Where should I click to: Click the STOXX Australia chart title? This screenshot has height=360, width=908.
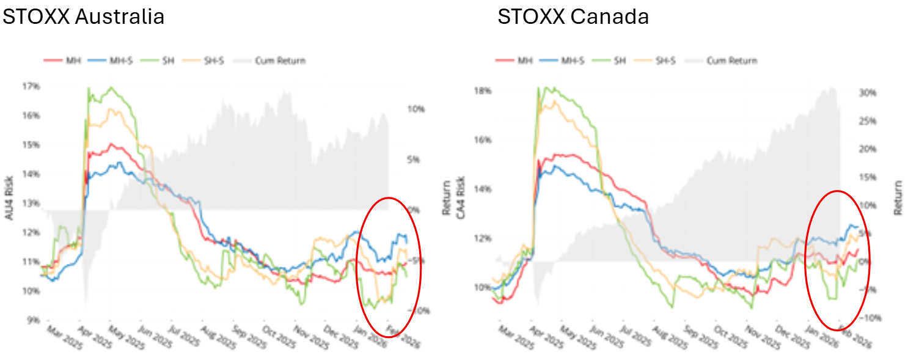pyautogui.click(x=84, y=17)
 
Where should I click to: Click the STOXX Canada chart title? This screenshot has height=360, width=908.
pyautogui.click(x=573, y=17)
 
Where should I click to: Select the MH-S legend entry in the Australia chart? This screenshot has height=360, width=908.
pyautogui.click(x=101, y=61)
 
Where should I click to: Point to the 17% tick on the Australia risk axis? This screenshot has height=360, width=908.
pyautogui.click(x=32, y=87)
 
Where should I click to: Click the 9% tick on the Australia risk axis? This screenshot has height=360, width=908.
pyautogui.click(x=34, y=319)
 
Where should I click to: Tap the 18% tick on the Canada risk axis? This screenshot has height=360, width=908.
pyautogui.click(x=483, y=91)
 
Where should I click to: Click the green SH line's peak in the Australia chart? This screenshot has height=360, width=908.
pyautogui.click(x=111, y=87)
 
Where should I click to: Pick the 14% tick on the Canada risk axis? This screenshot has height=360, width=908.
pyautogui.click(x=483, y=189)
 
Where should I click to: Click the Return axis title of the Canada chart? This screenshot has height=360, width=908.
pyautogui.click(x=898, y=197)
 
